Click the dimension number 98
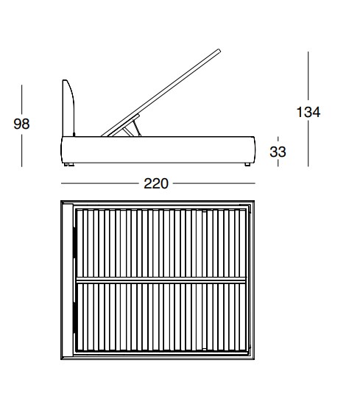click(x=22, y=124)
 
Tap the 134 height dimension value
click(x=308, y=112)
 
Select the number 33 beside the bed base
click(x=278, y=152)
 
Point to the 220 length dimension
click(x=156, y=183)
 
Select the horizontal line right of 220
click(x=213, y=183)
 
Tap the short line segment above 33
click(x=278, y=139)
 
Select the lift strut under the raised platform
click(x=133, y=128)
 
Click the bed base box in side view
click(x=158, y=150)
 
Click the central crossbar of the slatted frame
click(x=161, y=280)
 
